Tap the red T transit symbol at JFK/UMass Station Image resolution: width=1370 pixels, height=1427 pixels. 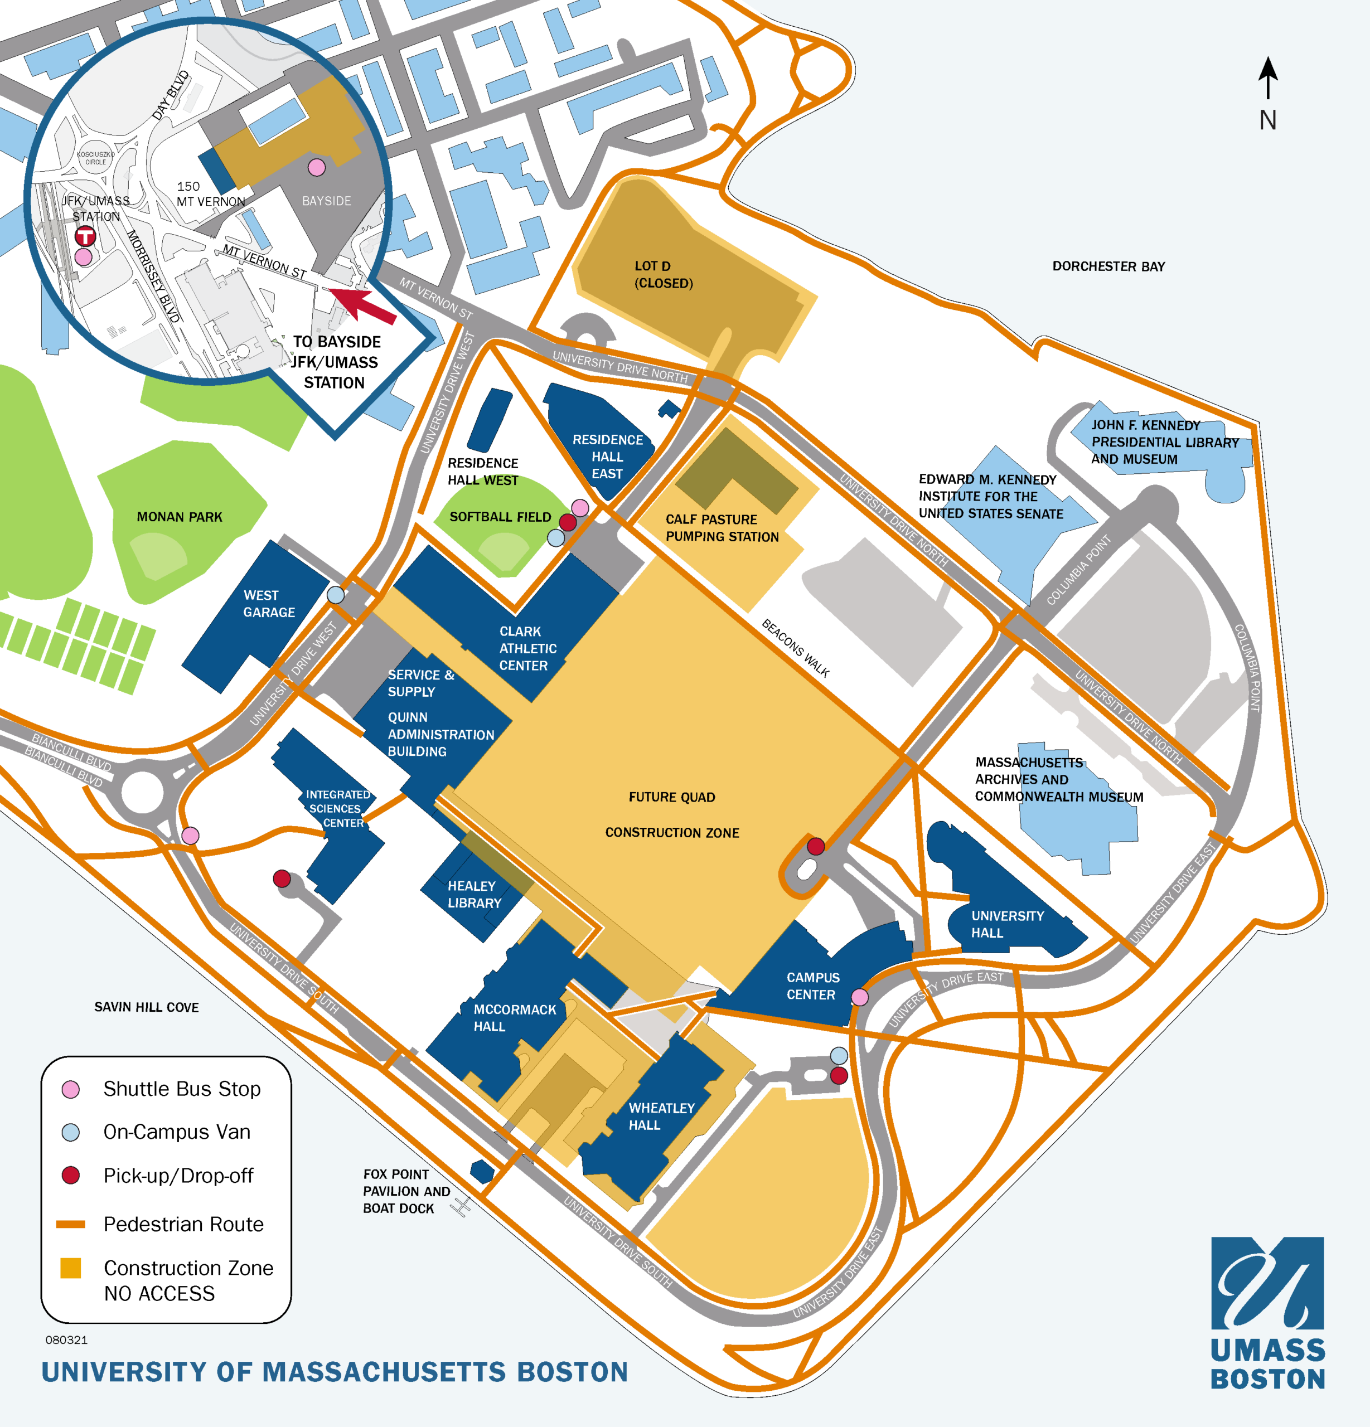(x=85, y=236)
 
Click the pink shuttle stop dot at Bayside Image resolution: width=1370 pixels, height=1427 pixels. (x=316, y=167)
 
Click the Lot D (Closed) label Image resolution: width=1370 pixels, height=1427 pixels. (x=663, y=274)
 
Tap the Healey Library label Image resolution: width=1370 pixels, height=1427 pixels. (x=474, y=894)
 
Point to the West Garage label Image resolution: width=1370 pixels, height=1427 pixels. (x=269, y=604)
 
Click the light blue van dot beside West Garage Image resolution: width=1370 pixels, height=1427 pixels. (x=335, y=595)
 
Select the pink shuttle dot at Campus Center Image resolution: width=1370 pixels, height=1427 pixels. (x=859, y=997)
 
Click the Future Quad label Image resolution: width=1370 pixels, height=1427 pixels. (x=671, y=797)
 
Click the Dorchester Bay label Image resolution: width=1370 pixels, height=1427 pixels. (x=1108, y=266)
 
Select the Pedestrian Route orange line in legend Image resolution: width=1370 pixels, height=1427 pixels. (x=71, y=1224)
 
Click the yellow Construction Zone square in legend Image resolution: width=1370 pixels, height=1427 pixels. (x=71, y=1268)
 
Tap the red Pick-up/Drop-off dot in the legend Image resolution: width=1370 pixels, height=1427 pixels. (x=71, y=1175)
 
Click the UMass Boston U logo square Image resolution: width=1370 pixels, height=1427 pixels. (x=1267, y=1283)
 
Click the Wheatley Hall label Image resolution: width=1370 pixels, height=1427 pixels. (x=661, y=1116)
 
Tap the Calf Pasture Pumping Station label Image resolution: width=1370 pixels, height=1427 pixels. (x=721, y=528)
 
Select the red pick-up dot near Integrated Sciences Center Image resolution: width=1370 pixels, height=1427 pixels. (x=282, y=878)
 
